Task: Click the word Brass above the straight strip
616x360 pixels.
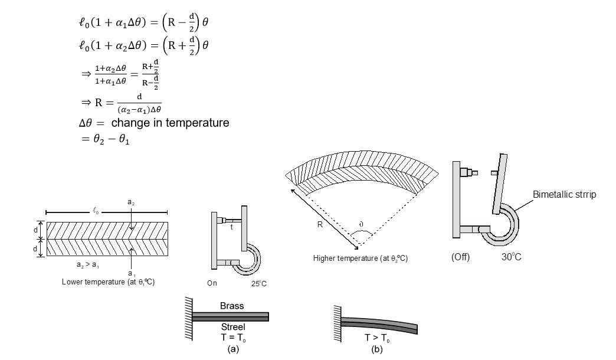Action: (231, 307)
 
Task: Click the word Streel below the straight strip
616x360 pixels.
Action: (231, 326)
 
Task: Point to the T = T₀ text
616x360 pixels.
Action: (231, 337)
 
